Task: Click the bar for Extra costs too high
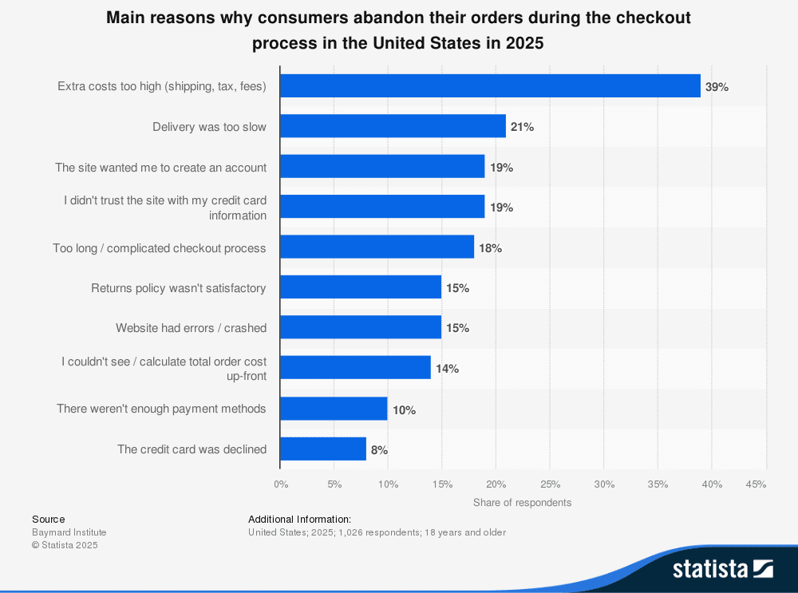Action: tap(490, 86)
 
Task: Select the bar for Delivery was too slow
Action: tap(393, 126)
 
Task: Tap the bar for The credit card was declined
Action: tap(323, 449)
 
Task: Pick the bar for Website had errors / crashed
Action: tap(361, 327)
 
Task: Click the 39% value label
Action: tap(717, 87)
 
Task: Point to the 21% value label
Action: tap(522, 127)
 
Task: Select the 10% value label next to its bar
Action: tap(404, 409)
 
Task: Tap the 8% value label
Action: tap(379, 450)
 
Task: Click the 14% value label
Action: tap(447, 369)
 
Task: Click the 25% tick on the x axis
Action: tap(550, 484)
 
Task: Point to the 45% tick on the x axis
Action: tap(756, 484)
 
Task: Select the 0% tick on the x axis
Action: tap(281, 484)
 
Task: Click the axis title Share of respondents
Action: tap(522, 502)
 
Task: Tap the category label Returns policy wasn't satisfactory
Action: tap(178, 287)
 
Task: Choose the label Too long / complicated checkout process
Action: tap(160, 247)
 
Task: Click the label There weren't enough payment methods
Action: tap(161, 408)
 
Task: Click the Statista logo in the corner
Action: tap(722, 568)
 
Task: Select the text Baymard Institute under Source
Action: tap(69, 532)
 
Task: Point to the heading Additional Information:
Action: tap(299, 519)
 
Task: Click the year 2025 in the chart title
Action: tap(524, 43)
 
